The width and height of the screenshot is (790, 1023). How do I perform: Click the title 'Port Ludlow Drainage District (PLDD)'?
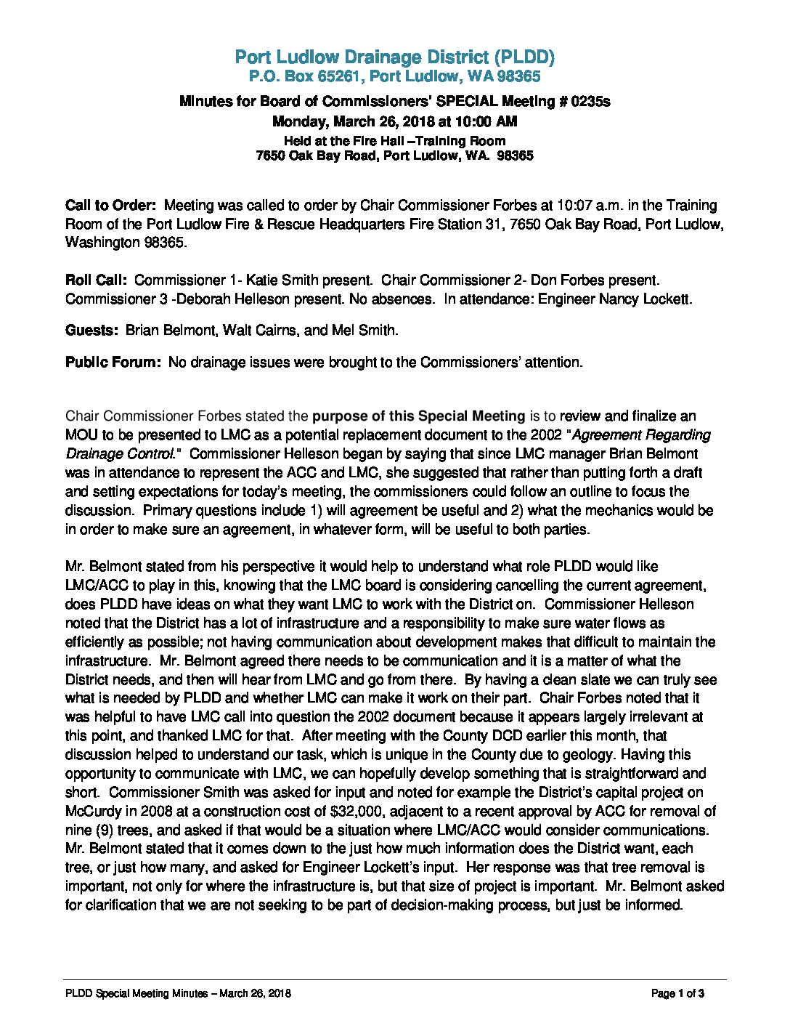click(395, 57)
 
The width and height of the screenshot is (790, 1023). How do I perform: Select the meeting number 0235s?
click(590, 102)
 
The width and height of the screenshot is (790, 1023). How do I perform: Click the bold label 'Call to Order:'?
click(110, 206)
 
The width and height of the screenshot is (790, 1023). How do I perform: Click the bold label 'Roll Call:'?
click(96, 280)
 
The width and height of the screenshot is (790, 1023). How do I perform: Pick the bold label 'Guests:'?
click(91, 331)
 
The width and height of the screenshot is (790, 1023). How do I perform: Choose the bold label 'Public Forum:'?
click(113, 363)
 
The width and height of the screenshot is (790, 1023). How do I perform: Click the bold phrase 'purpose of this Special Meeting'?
click(418, 416)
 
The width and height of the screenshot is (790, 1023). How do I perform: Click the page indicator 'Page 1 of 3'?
click(677, 994)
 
